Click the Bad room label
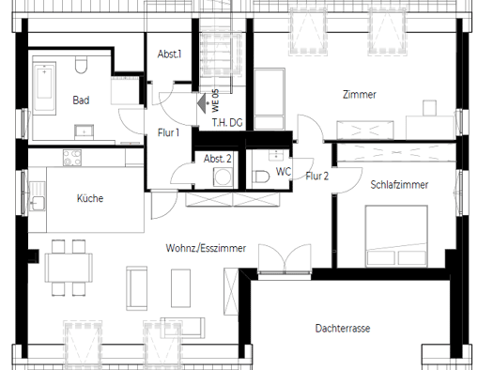click(x=81, y=100)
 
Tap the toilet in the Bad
click(x=81, y=65)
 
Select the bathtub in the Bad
click(x=45, y=87)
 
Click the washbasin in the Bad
click(x=84, y=132)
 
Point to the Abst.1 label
click(x=169, y=54)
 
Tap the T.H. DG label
click(x=227, y=122)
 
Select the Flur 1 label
click(x=168, y=132)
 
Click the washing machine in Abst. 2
click(x=223, y=177)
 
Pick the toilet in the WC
click(x=261, y=177)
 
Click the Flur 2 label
click(x=317, y=176)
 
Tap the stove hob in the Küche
click(x=72, y=158)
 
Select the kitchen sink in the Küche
click(x=38, y=196)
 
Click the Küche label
click(x=90, y=198)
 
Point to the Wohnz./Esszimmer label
click(x=206, y=248)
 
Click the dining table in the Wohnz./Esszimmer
click(x=69, y=268)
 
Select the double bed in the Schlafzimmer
click(x=396, y=237)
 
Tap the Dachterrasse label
click(x=343, y=329)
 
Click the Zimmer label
click(x=360, y=95)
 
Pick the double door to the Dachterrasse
click(x=285, y=258)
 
